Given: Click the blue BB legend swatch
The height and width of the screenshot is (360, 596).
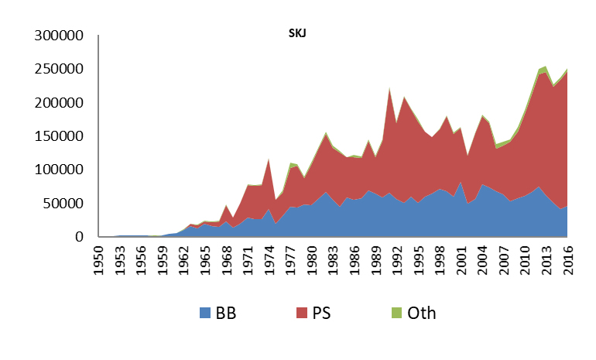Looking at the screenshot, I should pos(205,313).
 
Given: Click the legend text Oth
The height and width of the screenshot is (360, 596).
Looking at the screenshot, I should pos(423,313).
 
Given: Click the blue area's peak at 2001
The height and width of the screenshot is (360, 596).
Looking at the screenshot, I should pos(460,182).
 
